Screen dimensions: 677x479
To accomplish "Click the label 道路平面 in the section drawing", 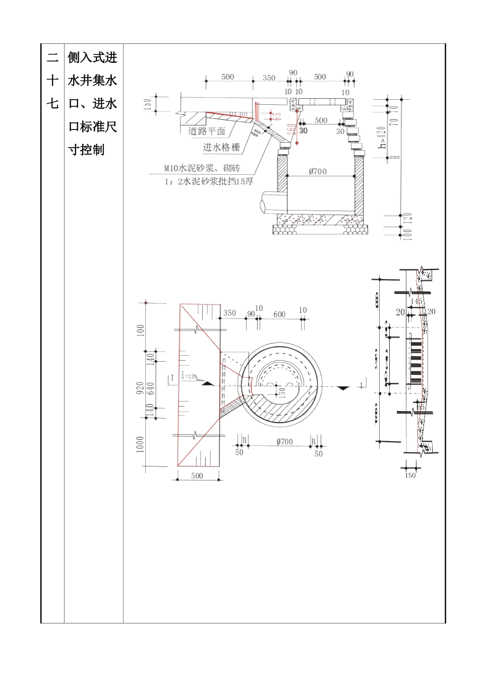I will point(206,131).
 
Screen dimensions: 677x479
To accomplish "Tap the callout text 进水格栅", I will point(221,148).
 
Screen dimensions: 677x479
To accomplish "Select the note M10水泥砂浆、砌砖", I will point(202,168).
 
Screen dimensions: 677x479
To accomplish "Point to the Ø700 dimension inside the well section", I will point(317,171).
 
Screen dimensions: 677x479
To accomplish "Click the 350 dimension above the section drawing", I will point(269,78).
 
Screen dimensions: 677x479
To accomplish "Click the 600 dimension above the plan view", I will point(279,314).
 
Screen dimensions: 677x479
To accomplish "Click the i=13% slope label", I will point(189,376).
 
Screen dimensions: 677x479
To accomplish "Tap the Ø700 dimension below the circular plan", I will point(284,442).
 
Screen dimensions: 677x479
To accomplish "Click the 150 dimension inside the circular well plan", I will point(282,392).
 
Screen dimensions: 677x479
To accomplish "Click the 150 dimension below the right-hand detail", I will point(410,475).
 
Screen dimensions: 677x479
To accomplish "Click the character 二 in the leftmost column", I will point(52,57).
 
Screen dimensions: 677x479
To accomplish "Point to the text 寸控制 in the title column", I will point(86,150).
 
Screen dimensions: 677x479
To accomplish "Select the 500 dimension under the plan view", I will point(197,476).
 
